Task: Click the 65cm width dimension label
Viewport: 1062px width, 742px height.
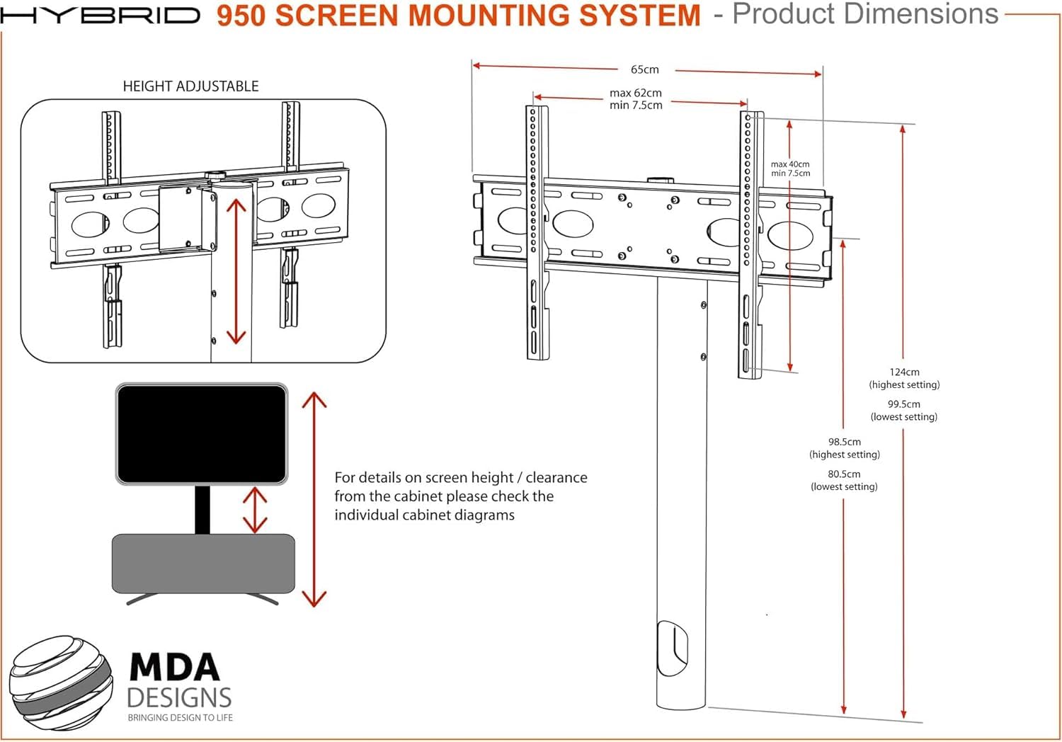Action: pos(644,69)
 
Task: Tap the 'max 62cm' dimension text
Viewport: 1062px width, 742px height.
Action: pos(635,93)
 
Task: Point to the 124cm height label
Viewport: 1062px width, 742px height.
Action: pos(904,372)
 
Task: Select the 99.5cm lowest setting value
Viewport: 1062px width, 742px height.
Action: pos(903,404)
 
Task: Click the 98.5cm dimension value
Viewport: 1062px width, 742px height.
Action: pos(845,442)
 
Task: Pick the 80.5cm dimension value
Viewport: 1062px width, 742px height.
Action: pos(844,474)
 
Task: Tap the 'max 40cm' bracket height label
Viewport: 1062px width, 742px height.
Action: pos(790,164)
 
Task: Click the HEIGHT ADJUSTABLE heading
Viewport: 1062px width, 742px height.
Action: pos(190,86)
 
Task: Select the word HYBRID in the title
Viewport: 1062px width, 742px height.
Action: pos(100,15)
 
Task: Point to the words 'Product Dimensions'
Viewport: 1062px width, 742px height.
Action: pos(865,13)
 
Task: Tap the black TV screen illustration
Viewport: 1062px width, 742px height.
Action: pos(202,434)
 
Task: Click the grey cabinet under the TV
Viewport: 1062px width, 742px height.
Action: pos(203,564)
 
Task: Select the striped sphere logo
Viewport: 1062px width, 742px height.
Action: pos(61,683)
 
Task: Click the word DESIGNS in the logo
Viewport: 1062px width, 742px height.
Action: pos(179,697)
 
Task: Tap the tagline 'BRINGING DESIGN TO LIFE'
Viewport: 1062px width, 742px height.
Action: pos(180,718)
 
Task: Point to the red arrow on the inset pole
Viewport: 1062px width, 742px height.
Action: pos(236,271)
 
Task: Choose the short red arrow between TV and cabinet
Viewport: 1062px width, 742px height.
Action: pos(255,510)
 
